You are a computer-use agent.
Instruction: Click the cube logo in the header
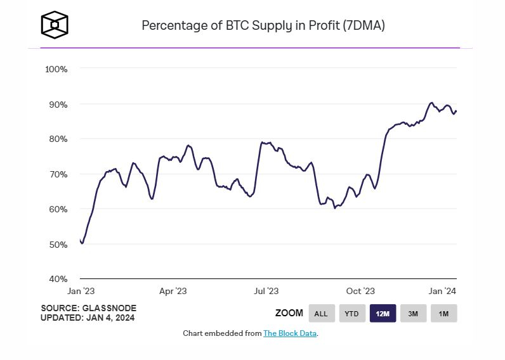pyautogui.click(x=55, y=25)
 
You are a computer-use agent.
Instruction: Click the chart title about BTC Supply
pyautogui.click(x=263, y=26)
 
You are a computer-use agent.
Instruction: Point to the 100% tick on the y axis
pyautogui.click(x=56, y=68)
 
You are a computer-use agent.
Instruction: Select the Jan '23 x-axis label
pyautogui.click(x=81, y=291)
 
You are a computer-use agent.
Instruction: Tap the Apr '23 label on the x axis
pyautogui.click(x=173, y=291)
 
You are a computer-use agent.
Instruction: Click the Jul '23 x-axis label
pyautogui.click(x=266, y=291)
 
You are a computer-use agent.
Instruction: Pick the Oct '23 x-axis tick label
pyautogui.click(x=360, y=291)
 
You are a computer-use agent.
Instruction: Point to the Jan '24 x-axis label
pyautogui.click(x=443, y=291)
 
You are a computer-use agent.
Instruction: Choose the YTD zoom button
pyautogui.click(x=351, y=313)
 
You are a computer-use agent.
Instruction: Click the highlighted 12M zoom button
pyautogui.click(x=383, y=313)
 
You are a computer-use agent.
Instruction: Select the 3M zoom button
pyautogui.click(x=413, y=313)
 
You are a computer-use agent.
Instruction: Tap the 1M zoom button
pyautogui.click(x=443, y=313)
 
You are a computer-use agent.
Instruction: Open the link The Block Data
pyautogui.click(x=290, y=333)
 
